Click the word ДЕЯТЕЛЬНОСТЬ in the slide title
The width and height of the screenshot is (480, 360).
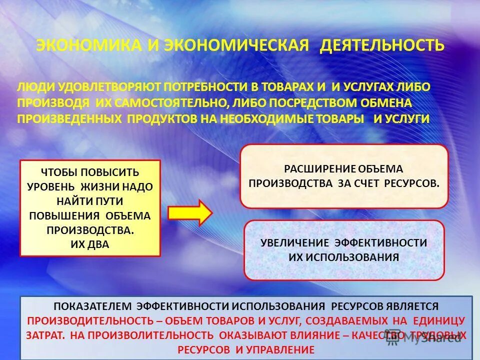[382, 45]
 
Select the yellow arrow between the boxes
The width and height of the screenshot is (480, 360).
[190, 212]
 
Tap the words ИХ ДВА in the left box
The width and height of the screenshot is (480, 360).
[90, 244]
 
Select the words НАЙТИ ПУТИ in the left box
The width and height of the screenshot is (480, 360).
[90, 200]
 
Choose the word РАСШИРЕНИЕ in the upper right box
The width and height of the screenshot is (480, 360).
[313, 168]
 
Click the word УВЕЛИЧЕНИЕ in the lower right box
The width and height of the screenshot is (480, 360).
[295, 243]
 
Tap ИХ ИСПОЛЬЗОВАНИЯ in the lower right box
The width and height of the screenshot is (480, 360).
[343, 257]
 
